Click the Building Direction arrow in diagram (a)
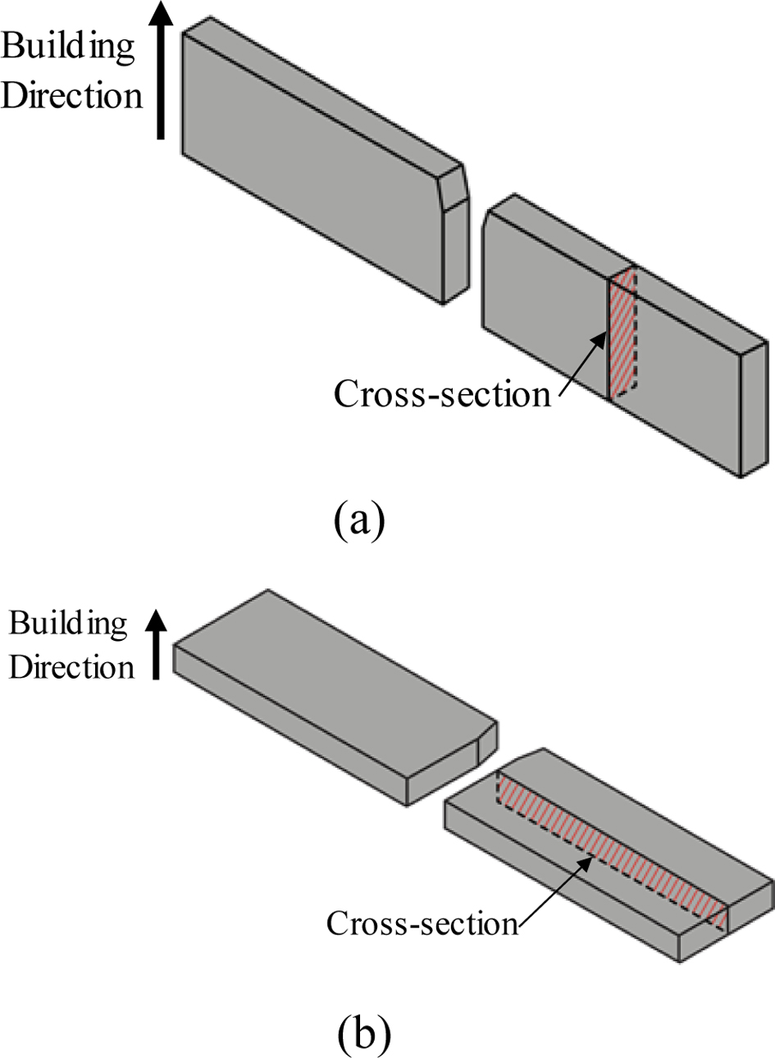click(162, 82)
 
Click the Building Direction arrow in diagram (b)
click(155, 647)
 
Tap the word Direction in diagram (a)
click(72, 95)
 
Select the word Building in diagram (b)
click(69, 624)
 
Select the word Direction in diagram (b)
click(72, 666)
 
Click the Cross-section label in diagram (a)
click(442, 394)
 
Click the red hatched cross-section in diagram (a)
click(622, 332)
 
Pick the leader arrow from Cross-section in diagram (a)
click(582, 369)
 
